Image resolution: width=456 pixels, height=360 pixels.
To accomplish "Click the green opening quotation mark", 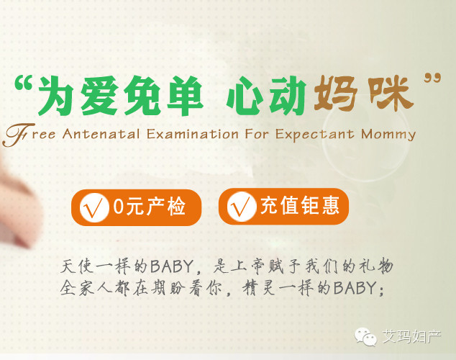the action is pyautogui.click(x=23, y=82).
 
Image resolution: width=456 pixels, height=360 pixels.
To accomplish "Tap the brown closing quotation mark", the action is pyautogui.click(x=432, y=78).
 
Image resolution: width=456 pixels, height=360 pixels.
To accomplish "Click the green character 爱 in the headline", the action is pyautogui.click(x=99, y=95).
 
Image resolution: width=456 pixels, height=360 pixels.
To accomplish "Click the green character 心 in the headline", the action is pyautogui.click(x=245, y=96).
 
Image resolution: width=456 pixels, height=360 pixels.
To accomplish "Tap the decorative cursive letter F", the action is pyautogui.click(x=18, y=135).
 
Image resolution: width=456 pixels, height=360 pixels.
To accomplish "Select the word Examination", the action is pyautogui.click(x=193, y=134).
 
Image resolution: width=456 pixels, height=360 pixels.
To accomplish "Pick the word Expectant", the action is pyautogui.click(x=315, y=135).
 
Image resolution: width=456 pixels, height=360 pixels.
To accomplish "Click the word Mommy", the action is pyautogui.click(x=388, y=135).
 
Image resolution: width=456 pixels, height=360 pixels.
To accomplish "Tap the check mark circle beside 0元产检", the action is pyautogui.click(x=93, y=207).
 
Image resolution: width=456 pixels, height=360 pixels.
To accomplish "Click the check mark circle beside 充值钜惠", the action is pyautogui.click(x=241, y=207).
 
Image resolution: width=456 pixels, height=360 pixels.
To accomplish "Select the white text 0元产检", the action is pyautogui.click(x=149, y=207).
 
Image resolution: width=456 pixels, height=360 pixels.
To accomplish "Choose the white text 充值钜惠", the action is pyautogui.click(x=300, y=205).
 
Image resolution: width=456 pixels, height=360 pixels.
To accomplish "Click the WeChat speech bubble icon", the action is pyautogui.click(x=365, y=337).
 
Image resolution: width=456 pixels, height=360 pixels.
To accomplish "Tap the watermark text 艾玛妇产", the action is pyautogui.click(x=411, y=337).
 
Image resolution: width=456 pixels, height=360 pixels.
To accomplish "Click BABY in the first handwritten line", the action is pyautogui.click(x=172, y=266).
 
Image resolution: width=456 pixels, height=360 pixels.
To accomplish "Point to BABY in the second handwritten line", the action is pyautogui.click(x=355, y=288).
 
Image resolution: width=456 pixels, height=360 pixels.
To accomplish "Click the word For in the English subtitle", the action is pyautogui.click(x=257, y=134).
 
